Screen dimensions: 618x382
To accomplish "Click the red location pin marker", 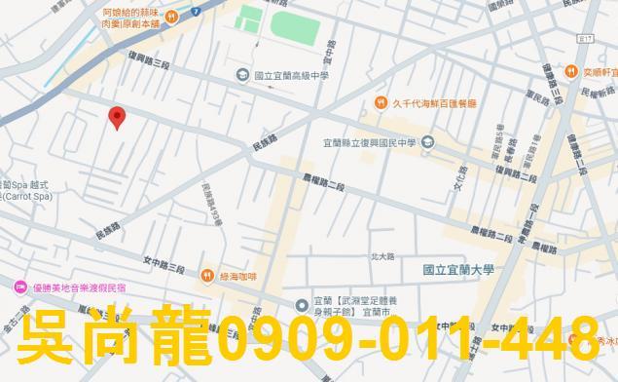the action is [x=118, y=118].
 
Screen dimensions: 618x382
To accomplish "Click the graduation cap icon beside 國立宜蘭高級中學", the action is [x=241, y=75].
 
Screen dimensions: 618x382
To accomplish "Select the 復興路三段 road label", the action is [x=149, y=60].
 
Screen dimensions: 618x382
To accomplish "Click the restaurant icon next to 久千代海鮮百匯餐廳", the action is [x=381, y=103].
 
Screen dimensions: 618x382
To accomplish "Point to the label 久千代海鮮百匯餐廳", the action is [x=434, y=103].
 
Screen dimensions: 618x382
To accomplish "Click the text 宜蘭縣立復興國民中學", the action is [x=370, y=143].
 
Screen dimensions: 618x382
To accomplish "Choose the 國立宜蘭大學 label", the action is [x=458, y=270].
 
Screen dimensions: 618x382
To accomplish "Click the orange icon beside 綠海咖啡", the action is [x=206, y=277].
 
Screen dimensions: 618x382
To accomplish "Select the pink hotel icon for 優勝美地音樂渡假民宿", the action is [x=19, y=286].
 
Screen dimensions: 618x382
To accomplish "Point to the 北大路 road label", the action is [x=382, y=256].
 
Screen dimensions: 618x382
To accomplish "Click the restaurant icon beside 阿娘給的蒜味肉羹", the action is [x=171, y=16].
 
